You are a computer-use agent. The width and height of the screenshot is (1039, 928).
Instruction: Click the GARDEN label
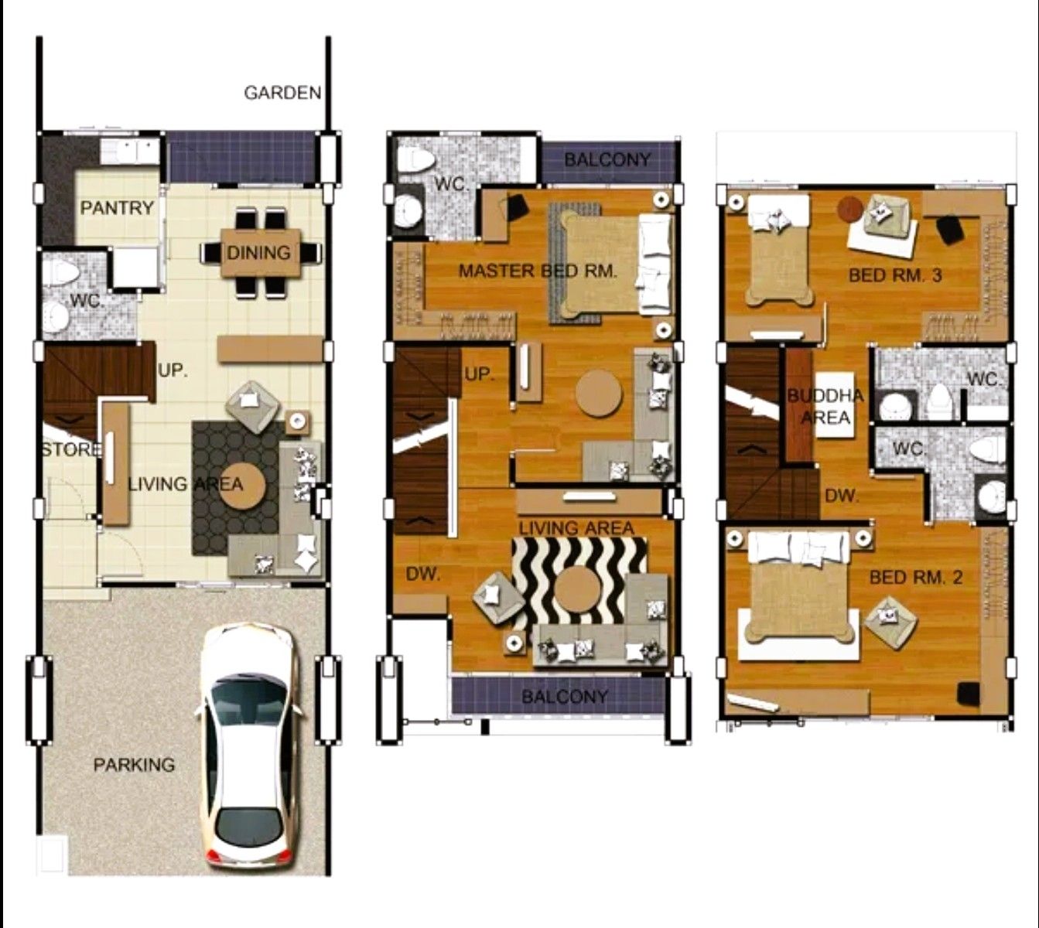click(x=282, y=93)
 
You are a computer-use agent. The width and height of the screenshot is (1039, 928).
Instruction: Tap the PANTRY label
click(x=117, y=208)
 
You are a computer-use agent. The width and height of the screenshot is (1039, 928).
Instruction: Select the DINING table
click(x=261, y=252)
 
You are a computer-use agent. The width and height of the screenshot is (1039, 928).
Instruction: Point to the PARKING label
click(x=135, y=765)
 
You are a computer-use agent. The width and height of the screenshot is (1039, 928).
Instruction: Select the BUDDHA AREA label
click(x=825, y=406)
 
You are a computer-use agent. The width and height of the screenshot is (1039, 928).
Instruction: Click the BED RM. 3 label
click(x=895, y=275)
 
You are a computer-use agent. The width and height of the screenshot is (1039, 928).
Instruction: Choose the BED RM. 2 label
click(x=916, y=578)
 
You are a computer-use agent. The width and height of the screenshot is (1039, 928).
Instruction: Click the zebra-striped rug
click(x=579, y=583)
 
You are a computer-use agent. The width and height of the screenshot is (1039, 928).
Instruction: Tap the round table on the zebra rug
click(x=579, y=589)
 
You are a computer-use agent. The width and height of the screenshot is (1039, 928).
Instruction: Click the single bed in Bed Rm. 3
click(x=778, y=250)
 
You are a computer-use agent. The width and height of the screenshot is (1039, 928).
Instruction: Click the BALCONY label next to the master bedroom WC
click(x=607, y=160)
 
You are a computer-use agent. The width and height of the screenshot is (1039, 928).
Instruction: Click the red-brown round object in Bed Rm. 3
click(x=850, y=209)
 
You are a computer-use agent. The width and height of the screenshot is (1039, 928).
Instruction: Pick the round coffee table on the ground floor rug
click(x=244, y=484)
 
